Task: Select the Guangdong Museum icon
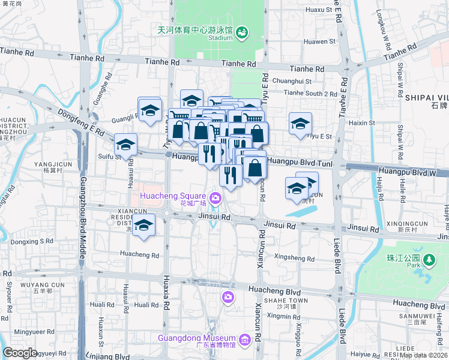(x=244, y=340)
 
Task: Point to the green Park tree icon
(x=429, y=260)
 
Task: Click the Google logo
(x=20, y=353)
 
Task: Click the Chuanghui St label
(x=292, y=81)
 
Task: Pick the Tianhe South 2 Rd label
(x=310, y=94)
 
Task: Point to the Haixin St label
(x=362, y=123)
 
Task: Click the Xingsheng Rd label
(x=294, y=257)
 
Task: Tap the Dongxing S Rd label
(x=32, y=242)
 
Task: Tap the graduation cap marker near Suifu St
(x=125, y=144)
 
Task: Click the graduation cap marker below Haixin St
(x=300, y=124)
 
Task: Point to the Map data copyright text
(x=424, y=355)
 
